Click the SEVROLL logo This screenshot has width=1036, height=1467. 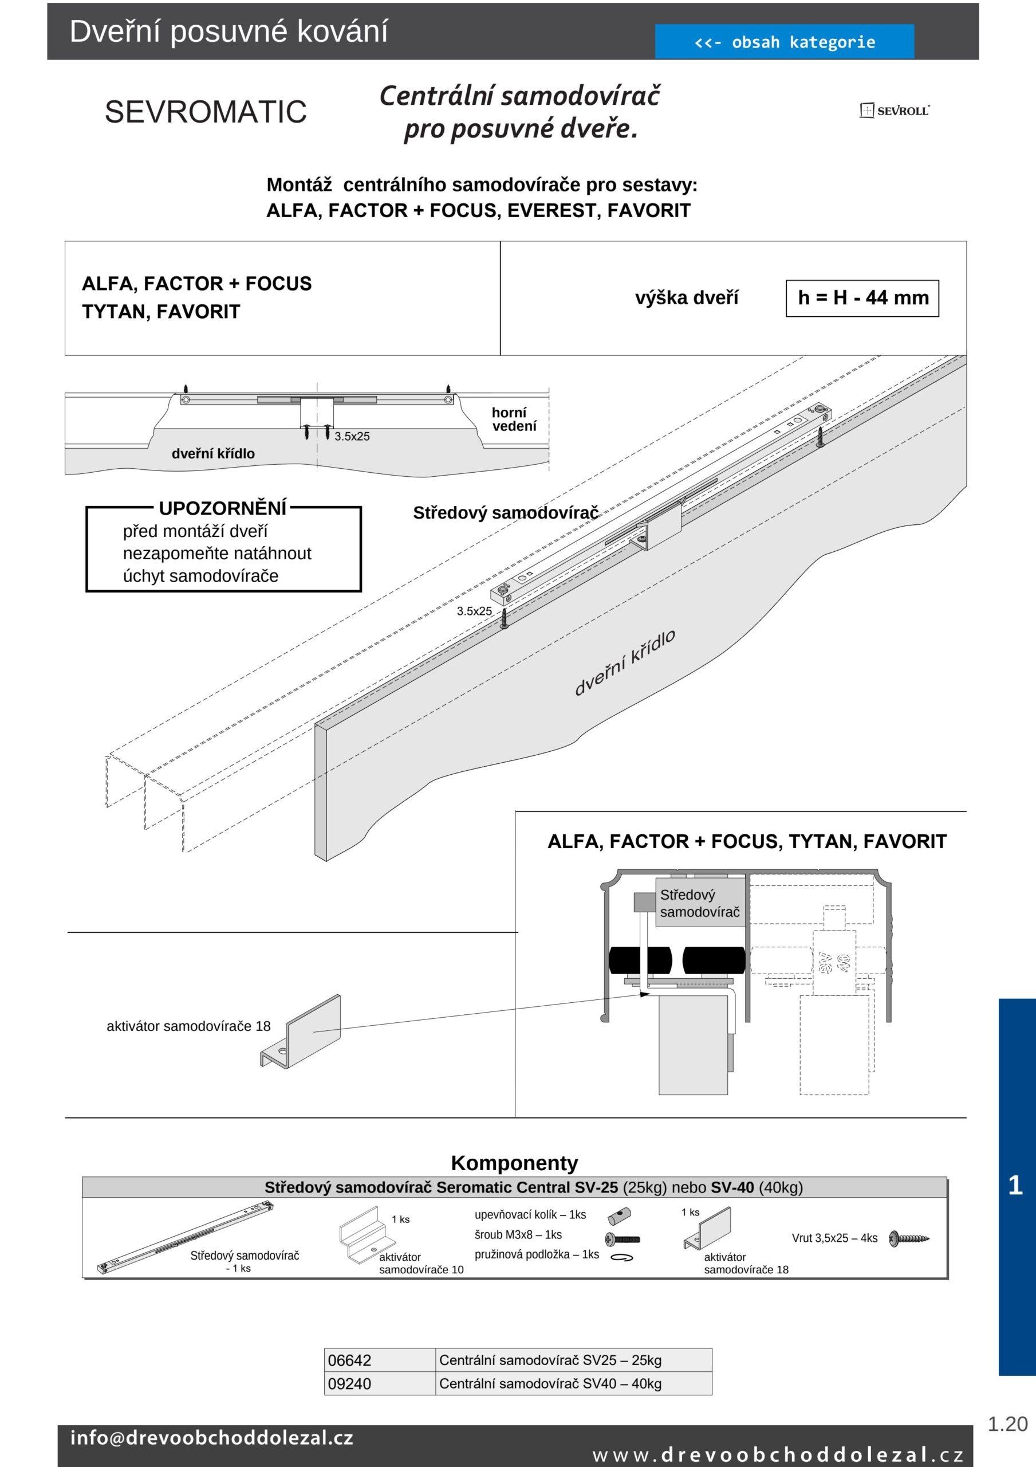(894, 111)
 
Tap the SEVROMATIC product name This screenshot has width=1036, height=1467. (206, 112)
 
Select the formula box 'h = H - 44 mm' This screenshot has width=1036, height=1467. (862, 298)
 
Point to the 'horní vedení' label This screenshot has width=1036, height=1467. (514, 419)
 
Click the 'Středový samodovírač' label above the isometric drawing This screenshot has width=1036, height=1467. (505, 512)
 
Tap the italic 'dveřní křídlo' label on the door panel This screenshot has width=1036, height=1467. (624, 662)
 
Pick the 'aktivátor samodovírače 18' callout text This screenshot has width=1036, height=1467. (188, 1026)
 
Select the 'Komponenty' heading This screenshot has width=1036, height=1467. (514, 1162)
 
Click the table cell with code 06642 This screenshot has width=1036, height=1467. (379, 1360)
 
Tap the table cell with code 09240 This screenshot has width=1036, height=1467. (379, 1383)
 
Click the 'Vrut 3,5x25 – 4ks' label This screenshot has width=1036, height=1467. (834, 1238)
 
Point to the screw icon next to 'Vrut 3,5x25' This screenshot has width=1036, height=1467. (909, 1238)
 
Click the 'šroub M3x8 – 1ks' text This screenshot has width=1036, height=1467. (518, 1234)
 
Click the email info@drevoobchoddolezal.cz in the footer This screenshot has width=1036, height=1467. (211, 1438)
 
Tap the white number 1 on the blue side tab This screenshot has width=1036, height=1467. (1015, 1185)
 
